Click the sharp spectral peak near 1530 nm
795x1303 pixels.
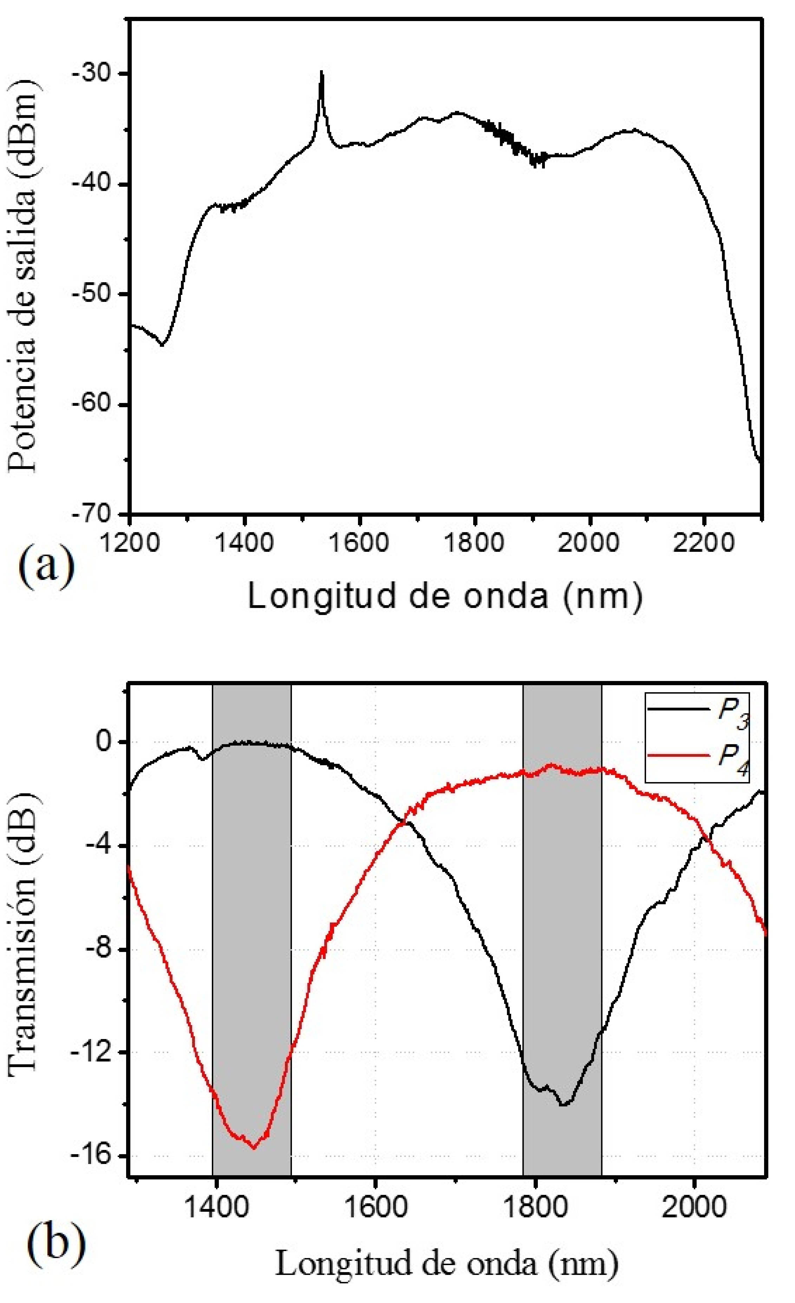tap(321, 72)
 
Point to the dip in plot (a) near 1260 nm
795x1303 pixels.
tap(162, 345)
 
